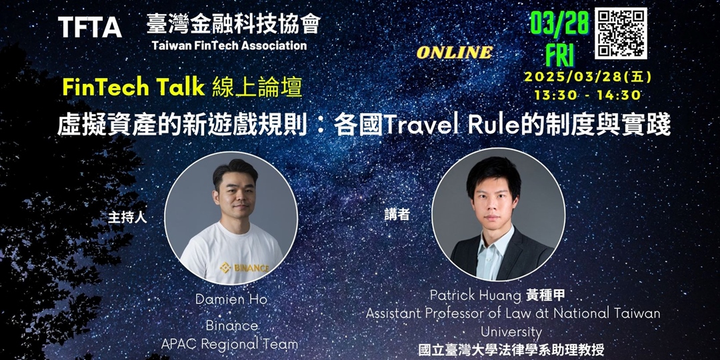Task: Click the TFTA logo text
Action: [90, 27]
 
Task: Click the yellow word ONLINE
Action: [455, 53]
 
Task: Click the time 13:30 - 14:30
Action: [587, 95]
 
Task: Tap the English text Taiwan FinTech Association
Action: [229, 46]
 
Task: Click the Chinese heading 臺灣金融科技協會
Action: [233, 23]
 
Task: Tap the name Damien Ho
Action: [231, 300]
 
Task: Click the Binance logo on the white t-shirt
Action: [245, 267]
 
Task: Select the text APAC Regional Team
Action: [229, 344]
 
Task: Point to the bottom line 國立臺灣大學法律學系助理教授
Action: [511, 349]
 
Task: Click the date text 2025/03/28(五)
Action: [587, 77]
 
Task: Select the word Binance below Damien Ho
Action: [231, 326]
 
